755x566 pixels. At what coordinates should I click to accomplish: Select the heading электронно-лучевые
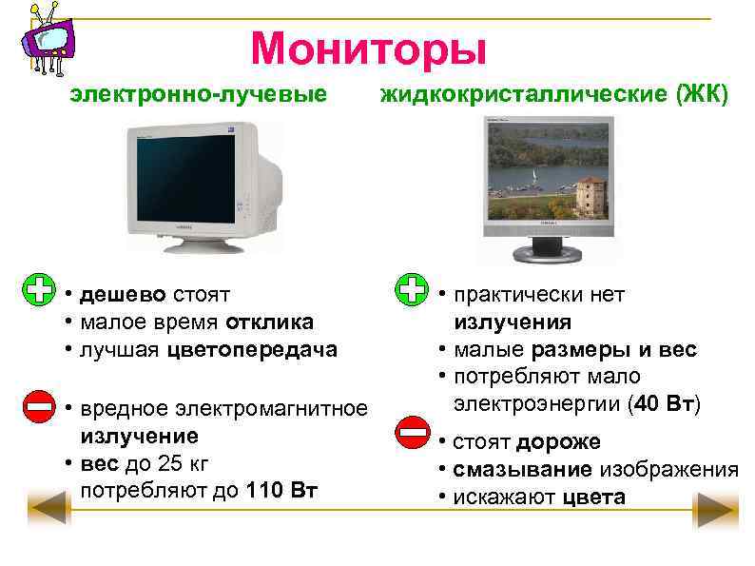click(x=198, y=95)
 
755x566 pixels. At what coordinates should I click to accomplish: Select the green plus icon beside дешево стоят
click(x=39, y=291)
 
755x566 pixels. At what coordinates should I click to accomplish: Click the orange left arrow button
click(x=49, y=510)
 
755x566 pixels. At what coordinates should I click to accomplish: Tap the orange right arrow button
click(x=716, y=510)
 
